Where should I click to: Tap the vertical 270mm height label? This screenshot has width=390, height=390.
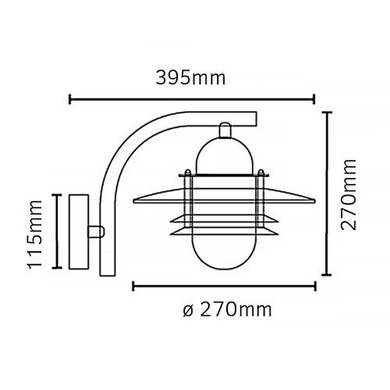(x=350, y=193)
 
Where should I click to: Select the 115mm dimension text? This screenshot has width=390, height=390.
(x=34, y=232)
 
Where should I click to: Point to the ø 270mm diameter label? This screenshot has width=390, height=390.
(x=225, y=310)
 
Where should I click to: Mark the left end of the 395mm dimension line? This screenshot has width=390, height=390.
(x=71, y=99)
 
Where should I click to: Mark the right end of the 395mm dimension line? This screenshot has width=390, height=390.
(x=314, y=99)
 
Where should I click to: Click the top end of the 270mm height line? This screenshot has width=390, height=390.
(x=328, y=112)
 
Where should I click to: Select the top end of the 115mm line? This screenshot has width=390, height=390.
(x=55, y=193)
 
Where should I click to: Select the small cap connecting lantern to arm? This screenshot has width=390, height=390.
(x=225, y=129)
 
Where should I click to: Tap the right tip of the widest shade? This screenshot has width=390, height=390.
(x=315, y=197)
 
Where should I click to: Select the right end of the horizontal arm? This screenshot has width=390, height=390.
(x=255, y=119)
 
